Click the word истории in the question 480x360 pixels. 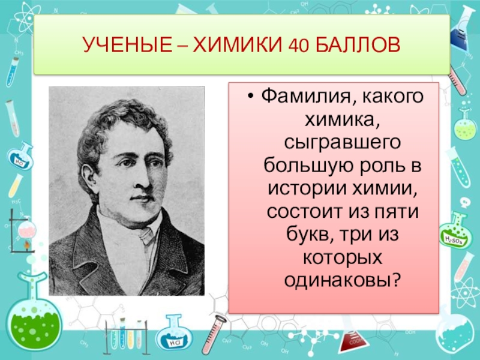[x=298, y=188]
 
